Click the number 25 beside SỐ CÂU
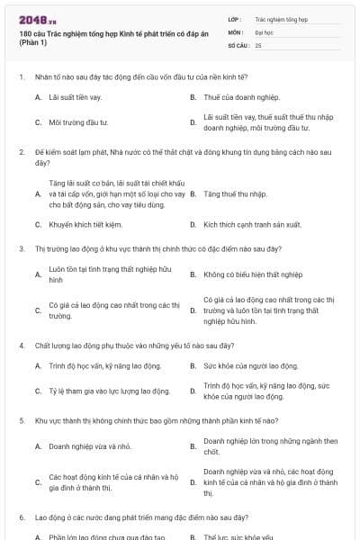tap(258, 44)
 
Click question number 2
tap(21, 152)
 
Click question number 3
tap(21, 247)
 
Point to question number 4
tap(21, 345)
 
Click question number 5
tap(21, 420)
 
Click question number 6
tap(21, 518)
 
